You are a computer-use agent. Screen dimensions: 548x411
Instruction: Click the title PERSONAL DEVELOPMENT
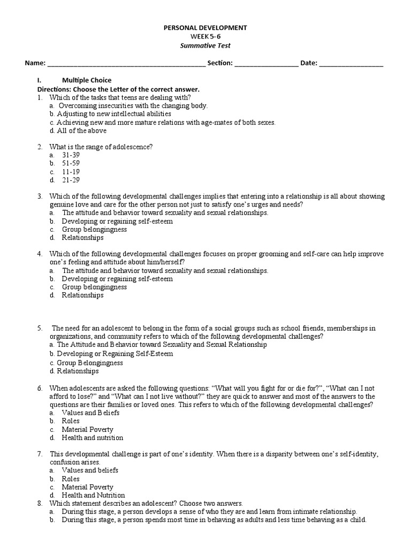click(204, 27)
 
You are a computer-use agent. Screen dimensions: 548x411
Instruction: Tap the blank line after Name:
click(126, 64)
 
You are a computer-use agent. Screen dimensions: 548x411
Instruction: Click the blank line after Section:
click(266, 64)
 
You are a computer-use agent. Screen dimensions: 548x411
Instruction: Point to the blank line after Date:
click(351, 64)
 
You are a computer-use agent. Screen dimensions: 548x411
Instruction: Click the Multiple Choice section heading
click(87, 80)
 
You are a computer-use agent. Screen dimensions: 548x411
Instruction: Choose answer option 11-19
click(71, 172)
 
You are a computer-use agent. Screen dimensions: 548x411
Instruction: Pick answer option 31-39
click(71, 155)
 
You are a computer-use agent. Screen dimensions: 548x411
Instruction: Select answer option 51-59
click(71, 163)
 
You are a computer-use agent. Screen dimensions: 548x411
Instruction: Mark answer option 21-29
click(71, 180)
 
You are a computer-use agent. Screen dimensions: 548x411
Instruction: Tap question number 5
click(40, 328)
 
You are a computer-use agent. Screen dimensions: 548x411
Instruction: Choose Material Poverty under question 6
click(87, 430)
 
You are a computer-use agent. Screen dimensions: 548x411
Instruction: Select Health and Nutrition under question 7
click(93, 496)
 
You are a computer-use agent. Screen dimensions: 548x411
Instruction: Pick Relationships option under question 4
click(82, 295)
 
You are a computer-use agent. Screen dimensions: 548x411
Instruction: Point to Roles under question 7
click(71, 479)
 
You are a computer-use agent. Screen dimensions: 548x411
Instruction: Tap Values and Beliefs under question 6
click(90, 413)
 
